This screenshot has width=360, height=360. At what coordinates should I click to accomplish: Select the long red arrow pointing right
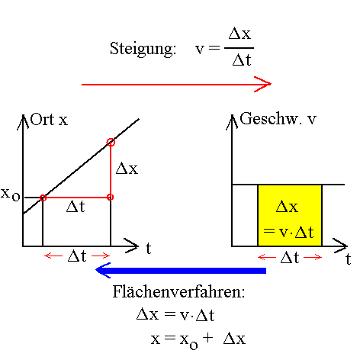point(175,84)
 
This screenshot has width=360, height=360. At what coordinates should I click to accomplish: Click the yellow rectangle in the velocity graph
point(290,215)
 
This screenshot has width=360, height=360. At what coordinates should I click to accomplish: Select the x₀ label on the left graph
point(11,194)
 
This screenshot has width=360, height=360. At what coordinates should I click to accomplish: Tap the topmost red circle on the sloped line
point(111,142)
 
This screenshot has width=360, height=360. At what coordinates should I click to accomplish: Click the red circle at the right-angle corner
point(111,198)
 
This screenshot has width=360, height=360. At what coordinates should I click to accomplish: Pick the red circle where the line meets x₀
point(43,198)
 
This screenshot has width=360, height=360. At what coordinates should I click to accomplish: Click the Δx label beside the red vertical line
point(127,169)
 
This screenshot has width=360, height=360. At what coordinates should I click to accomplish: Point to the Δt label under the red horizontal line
point(76,207)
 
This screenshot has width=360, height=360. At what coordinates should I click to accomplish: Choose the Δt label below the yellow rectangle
point(290,257)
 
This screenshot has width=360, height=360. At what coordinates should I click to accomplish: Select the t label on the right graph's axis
point(347,259)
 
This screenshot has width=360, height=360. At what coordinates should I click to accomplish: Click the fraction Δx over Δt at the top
point(241,47)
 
